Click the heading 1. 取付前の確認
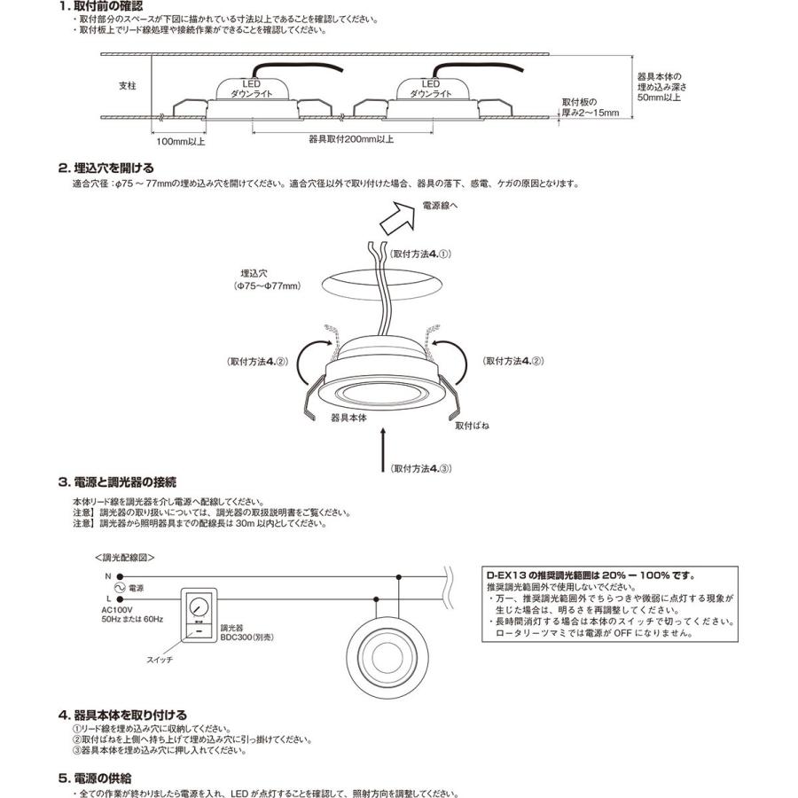pos(100,6)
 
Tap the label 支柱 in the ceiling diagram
pos(128,86)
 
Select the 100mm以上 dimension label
pos(181,140)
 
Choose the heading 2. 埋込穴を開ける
pos(106,168)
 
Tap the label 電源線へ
pos(441,206)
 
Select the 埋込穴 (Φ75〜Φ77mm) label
pos(267,280)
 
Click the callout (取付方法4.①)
pos(420,254)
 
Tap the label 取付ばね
pos(472,426)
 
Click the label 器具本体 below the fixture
pos(348,416)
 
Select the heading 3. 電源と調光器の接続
pos(117,482)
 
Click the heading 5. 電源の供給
pos(99,778)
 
